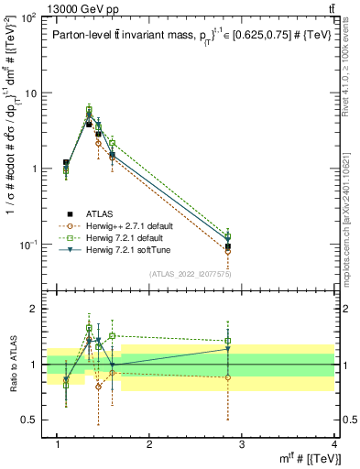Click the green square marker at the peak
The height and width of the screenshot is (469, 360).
tap(89, 109)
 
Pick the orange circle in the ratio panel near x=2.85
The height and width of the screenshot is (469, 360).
tap(227, 377)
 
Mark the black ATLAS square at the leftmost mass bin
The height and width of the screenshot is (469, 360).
tap(66, 163)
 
